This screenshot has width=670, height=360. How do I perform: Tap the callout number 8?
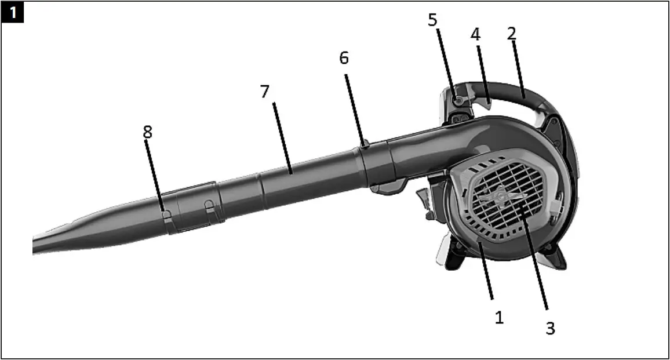pyautogui.click(x=148, y=132)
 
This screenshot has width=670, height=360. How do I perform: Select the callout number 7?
pyautogui.click(x=265, y=92)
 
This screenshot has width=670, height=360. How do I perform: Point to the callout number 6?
pyautogui.click(x=344, y=59)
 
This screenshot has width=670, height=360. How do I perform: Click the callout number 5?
pyautogui.click(x=433, y=20)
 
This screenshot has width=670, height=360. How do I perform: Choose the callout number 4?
pyautogui.click(x=475, y=34)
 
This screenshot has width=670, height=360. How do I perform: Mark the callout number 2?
pyautogui.click(x=511, y=33)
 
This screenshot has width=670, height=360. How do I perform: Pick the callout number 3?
pyautogui.click(x=550, y=328)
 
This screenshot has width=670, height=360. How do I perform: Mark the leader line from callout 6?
pyautogui.click(x=355, y=107)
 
